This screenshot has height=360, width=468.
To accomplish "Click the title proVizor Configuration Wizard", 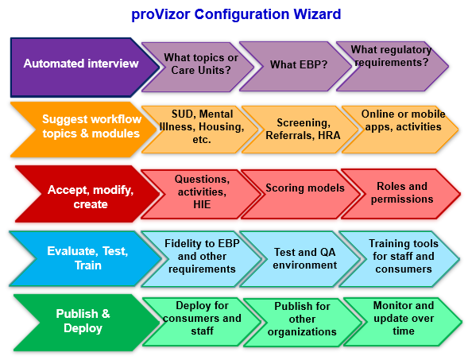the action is pyautogui.click(x=236, y=14).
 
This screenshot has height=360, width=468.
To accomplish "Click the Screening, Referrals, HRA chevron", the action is pyautogui.click(x=301, y=130).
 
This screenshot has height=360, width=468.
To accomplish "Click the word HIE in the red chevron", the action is pyautogui.click(x=202, y=205).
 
